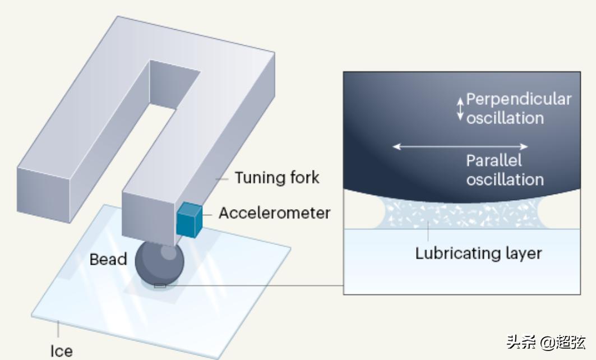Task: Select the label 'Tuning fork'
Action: (x=277, y=178)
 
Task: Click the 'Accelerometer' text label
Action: (x=275, y=213)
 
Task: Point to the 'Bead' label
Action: (x=108, y=260)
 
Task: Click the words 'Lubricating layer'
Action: (x=478, y=253)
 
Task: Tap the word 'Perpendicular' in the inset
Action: (x=519, y=100)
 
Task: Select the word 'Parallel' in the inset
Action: (x=494, y=161)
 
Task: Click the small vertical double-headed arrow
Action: (x=460, y=108)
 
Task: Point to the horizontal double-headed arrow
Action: (x=460, y=147)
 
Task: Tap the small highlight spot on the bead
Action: (x=168, y=252)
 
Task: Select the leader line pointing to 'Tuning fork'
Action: (x=223, y=178)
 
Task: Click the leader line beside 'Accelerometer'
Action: (x=207, y=214)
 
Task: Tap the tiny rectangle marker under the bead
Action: (x=160, y=286)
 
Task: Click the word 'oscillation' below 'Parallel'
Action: (x=505, y=179)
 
